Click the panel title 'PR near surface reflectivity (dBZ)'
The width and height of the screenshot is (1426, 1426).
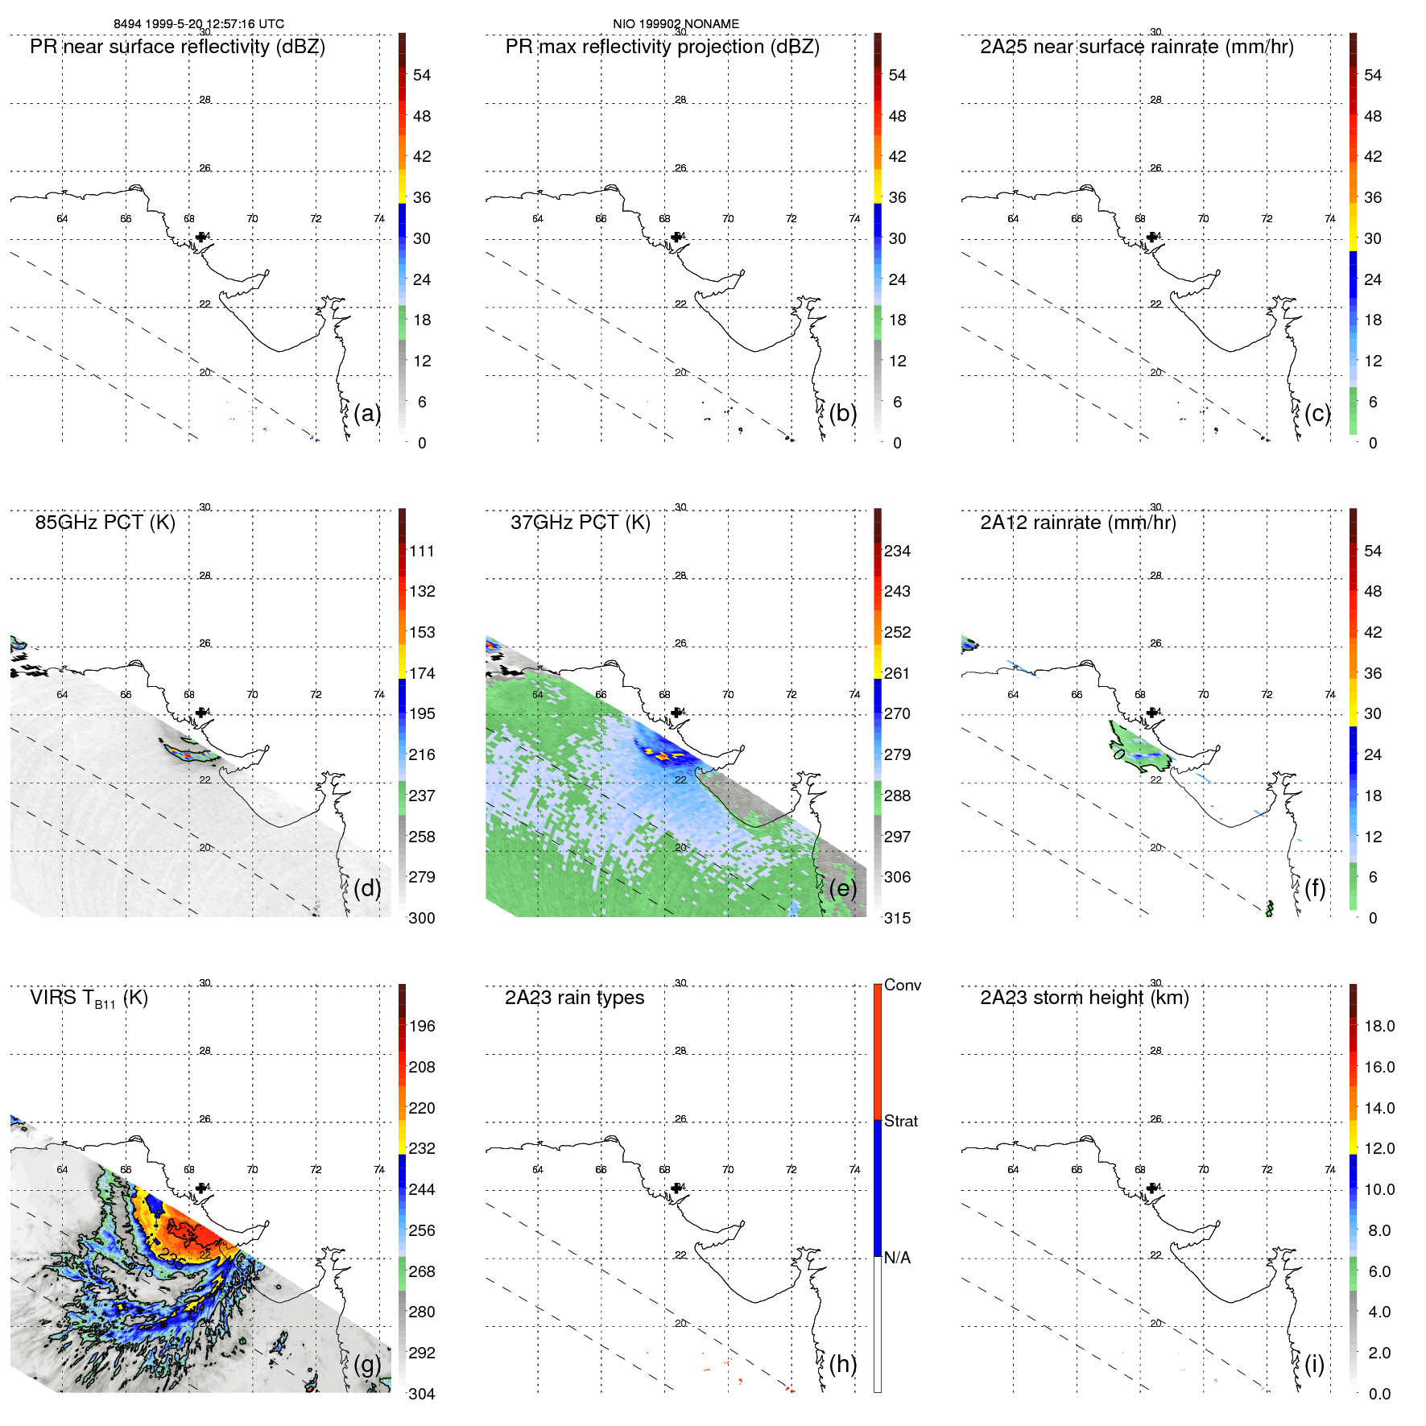tap(177, 47)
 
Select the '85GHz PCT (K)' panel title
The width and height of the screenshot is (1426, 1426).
tap(105, 523)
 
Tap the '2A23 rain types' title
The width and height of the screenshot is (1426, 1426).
tap(574, 998)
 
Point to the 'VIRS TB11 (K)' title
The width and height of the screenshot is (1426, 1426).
tap(89, 998)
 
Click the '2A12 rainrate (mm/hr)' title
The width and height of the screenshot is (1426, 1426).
tap(1077, 523)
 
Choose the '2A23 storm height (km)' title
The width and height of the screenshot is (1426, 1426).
tap(1084, 998)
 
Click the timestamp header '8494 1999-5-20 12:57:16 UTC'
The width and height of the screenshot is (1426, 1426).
tap(199, 24)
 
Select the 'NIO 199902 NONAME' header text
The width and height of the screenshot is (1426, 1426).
tap(676, 24)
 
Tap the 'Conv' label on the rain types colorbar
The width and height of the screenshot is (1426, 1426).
tap(902, 985)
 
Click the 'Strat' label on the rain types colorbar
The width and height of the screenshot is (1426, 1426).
tap(900, 1121)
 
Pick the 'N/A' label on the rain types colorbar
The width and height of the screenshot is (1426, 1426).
tap(897, 1258)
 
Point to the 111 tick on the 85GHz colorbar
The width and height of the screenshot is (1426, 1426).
tap(421, 551)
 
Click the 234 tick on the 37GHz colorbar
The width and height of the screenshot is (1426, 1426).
tap(897, 551)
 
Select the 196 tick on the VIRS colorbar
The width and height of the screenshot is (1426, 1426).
tap(421, 1026)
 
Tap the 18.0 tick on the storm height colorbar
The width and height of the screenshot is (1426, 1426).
tap(1378, 1026)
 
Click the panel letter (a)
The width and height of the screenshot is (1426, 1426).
tap(367, 413)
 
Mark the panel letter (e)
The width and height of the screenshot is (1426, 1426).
tap(842, 888)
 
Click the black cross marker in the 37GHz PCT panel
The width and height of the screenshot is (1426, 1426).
tap(676, 713)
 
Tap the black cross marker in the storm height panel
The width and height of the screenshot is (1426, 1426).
tap(1152, 1188)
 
